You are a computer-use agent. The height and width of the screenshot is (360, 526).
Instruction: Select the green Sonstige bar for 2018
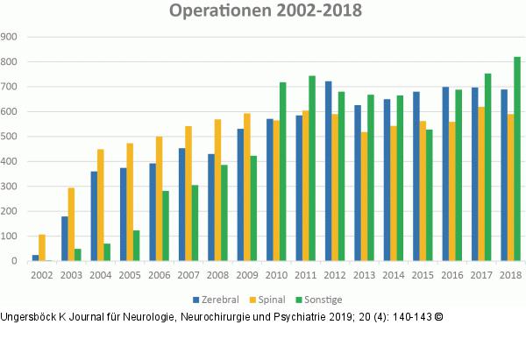517,159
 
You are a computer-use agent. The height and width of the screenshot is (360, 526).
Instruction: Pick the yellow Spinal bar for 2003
72,224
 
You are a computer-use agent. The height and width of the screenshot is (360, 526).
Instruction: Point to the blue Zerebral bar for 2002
35,258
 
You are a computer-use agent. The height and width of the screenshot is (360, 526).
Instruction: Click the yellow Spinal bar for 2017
481,184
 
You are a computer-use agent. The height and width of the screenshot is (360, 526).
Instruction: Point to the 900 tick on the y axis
11,37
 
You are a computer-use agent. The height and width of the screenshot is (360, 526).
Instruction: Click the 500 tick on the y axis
11,137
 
